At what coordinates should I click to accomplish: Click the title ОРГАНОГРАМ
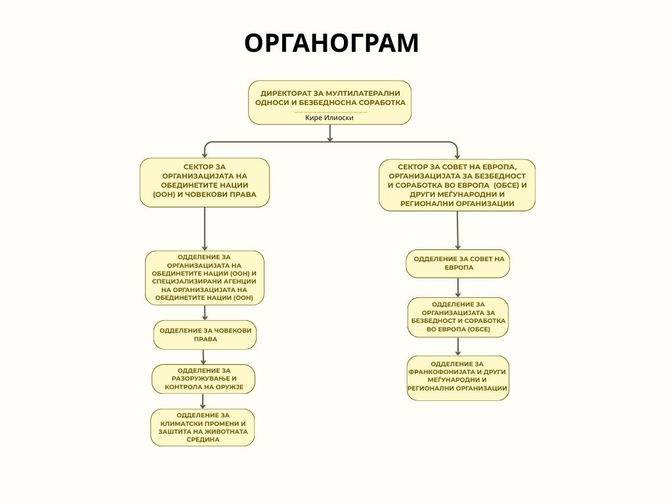point(331,43)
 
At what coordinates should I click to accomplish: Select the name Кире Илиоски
point(329,117)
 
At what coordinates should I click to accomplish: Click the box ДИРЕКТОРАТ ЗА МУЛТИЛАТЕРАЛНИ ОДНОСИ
point(329,98)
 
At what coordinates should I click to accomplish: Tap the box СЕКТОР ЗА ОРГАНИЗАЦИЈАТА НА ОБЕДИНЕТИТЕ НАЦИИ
point(205,182)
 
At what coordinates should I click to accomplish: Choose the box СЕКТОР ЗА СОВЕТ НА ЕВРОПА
point(457,185)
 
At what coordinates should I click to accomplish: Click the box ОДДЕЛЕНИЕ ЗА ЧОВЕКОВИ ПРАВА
point(205,335)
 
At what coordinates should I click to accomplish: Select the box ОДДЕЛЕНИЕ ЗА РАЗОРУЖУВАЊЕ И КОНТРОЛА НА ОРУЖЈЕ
point(203,379)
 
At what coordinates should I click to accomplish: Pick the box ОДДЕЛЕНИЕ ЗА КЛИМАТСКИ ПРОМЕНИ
point(202,427)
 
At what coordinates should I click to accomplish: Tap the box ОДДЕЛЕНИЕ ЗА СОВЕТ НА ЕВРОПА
point(458,263)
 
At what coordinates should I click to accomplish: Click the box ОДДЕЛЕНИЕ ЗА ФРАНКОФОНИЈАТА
point(458,378)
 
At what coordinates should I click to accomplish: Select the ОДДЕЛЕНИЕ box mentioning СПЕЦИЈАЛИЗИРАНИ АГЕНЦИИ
point(205,278)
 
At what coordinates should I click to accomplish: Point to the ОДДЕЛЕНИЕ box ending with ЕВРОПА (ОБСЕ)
point(458,317)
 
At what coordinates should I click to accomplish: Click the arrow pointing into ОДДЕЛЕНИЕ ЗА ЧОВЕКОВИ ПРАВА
point(205,313)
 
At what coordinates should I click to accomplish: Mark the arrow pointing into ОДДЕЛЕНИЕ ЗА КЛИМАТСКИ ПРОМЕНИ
point(203,402)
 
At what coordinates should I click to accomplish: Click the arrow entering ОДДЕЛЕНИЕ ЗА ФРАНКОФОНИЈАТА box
point(458,346)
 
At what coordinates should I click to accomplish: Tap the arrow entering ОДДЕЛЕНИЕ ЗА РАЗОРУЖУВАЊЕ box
point(203,357)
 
